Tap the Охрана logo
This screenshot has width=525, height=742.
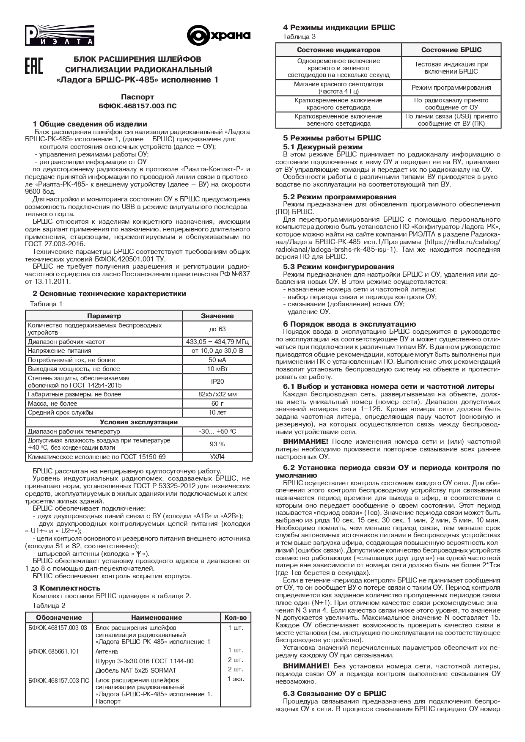pyautogui.click(x=219, y=36)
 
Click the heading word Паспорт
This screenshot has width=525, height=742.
pyautogui.click(x=137, y=97)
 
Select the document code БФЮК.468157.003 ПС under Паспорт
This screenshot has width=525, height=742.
pyautogui.click(x=137, y=106)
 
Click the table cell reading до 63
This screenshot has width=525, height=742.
pyautogui.click(x=217, y=329)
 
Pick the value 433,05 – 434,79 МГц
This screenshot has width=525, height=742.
pyautogui.click(x=217, y=341)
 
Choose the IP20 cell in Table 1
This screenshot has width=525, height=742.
pyautogui.click(x=217, y=382)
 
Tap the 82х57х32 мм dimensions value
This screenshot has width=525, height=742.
pyautogui.click(x=217, y=394)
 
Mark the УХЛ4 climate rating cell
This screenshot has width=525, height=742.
pyautogui.click(x=217, y=457)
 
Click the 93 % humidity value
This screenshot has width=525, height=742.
pyautogui.click(x=217, y=444)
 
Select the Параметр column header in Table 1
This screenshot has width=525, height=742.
pyautogui.click(x=104, y=316)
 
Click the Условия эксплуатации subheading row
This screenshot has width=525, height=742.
pyautogui.click(x=138, y=422)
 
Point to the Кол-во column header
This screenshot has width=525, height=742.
pyautogui.click(x=236, y=618)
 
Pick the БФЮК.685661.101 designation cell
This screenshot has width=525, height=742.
pyautogui.click(x=53, y=651)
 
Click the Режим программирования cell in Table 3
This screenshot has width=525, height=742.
pyautogui.click(x=451, y=88)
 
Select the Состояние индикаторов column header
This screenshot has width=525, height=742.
pyautogui.click(x=338, y=50)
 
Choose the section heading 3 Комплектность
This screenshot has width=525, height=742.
pyautogui.click(x=66, y=588)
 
